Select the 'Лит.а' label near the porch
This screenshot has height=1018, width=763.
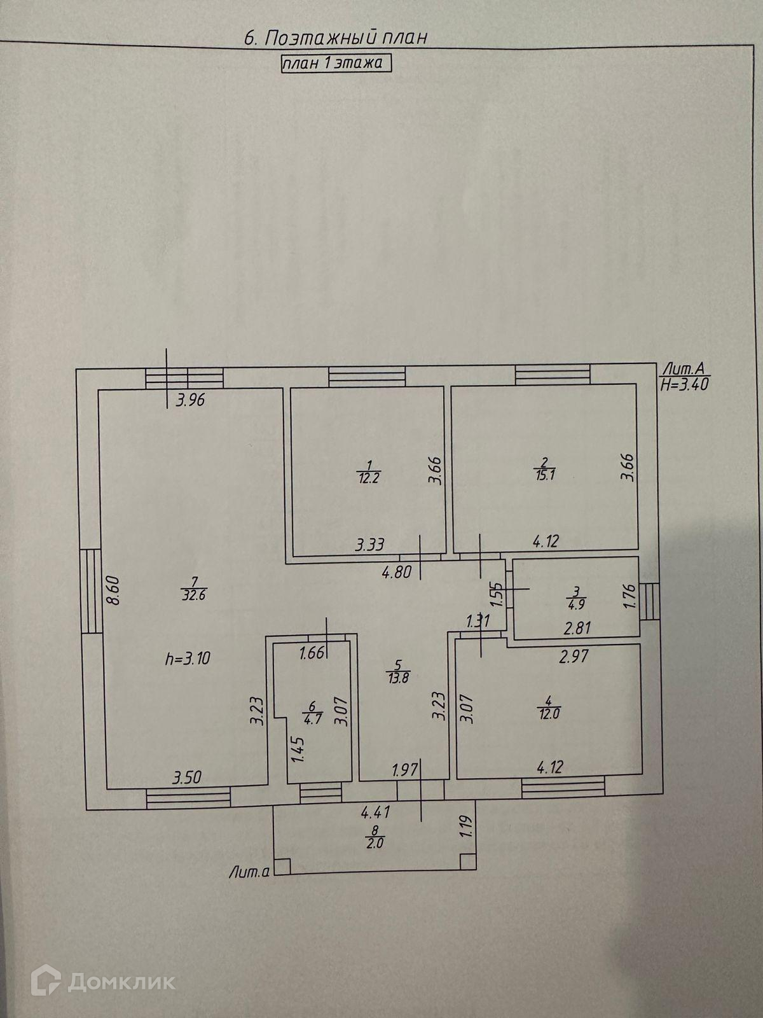tap(249, 874)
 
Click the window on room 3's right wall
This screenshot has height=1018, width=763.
tap(649, 601)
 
